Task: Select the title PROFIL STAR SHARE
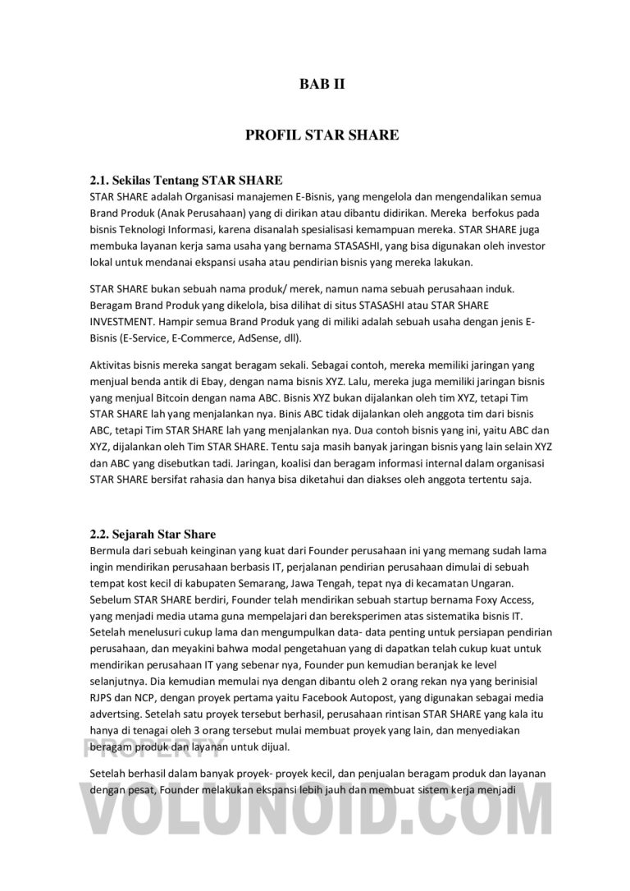[322, 135]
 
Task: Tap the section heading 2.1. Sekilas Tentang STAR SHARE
[185, 180]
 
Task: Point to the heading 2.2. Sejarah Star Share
[152, 535]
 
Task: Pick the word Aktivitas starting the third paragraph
[112, 365]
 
